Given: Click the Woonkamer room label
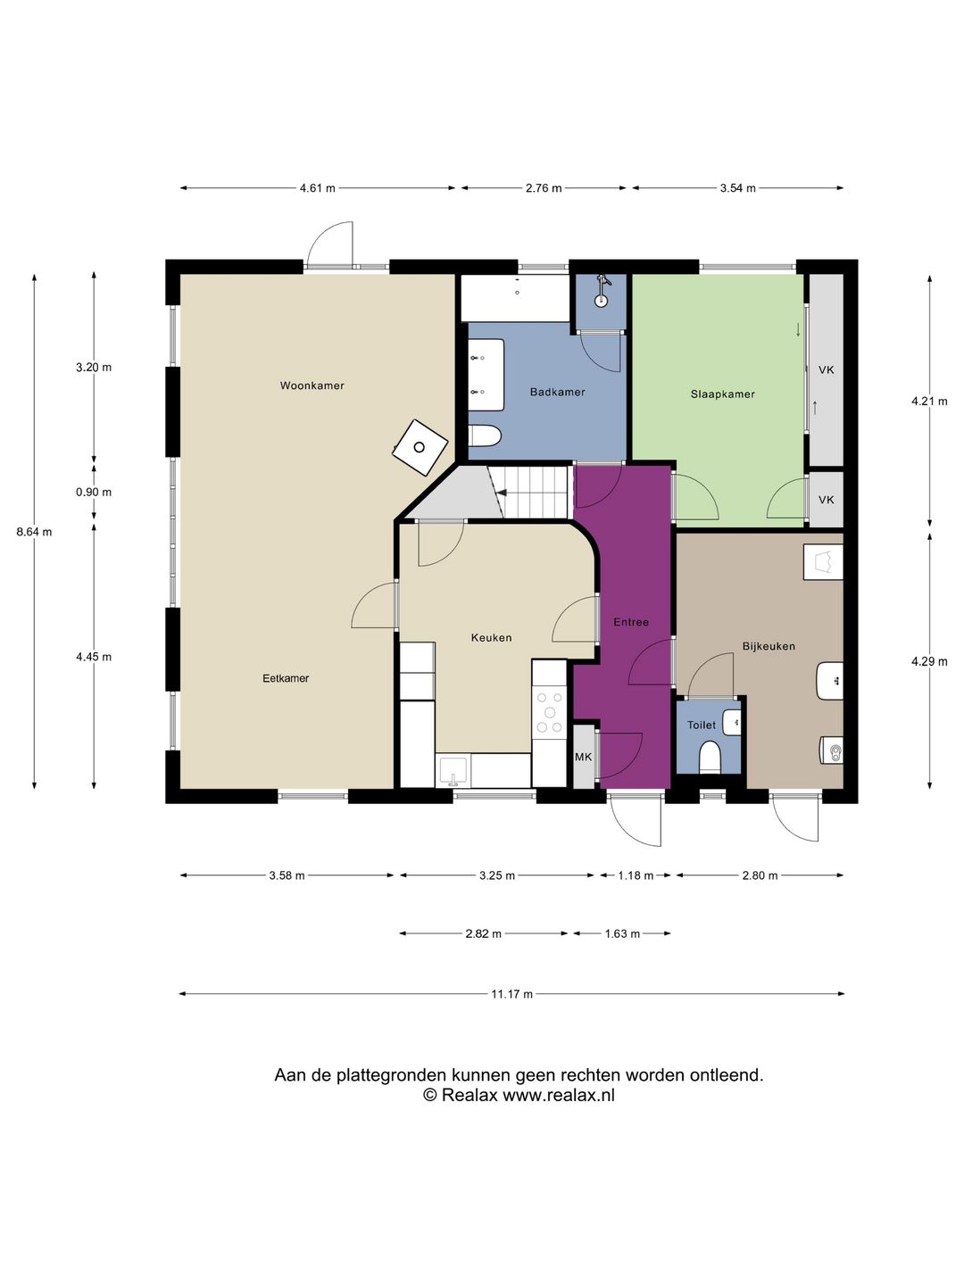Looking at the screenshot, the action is [x=312, y=385].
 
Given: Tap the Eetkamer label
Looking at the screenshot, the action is [x=286, y=678].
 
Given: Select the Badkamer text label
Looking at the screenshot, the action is [x=557, y=393].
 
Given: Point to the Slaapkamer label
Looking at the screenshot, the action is [x=722, y=394].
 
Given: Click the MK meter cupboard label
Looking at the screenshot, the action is [x=583, y=757].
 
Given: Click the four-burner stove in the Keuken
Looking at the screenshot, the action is [x=550, y=712].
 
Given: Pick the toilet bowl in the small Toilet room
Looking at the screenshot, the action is [x=710, y=758].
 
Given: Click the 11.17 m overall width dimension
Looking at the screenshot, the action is [x=511, y=994].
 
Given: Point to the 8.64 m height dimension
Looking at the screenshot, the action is [x=34, y=532].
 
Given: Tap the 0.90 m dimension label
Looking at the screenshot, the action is [x=94, y=493].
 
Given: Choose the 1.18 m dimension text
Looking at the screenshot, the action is [x=636, y=875].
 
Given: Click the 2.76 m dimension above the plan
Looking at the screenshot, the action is [x=544, y=188].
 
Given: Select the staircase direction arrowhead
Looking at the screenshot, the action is [x=502, y=493].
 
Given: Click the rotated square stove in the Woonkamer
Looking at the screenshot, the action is [x=420, y=448].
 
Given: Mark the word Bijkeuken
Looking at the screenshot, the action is [x=769, y=646].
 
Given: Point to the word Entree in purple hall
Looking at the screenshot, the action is [x=631, y=622].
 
